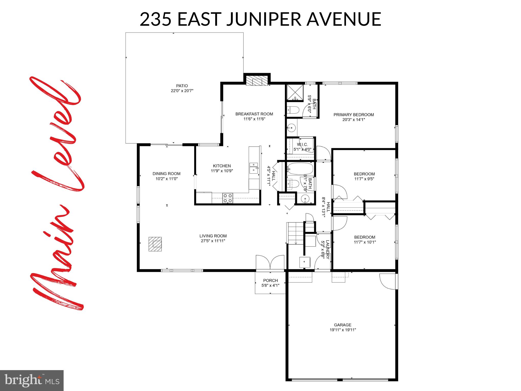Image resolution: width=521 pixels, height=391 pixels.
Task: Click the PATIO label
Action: pyautogui.click(x=182, y=86)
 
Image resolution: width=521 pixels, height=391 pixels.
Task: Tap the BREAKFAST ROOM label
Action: pyautogui.click(x=254, y=114)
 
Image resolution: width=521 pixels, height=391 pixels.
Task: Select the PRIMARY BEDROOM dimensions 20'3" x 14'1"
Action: pyautogui.click(x=354, y=119)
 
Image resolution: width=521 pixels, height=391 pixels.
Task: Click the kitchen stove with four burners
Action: pyautogui.click(x=228, y=198)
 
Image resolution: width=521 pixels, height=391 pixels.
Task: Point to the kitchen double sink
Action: pyautogui.click(x=253, y=168)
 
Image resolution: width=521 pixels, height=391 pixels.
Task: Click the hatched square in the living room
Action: pyautogui.click(x=155, y=244)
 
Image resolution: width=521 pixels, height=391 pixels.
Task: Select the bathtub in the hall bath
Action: pyautogui.click(x=300, y=169)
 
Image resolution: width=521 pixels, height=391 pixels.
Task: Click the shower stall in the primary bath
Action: pyautogui.click(x=295, y=93)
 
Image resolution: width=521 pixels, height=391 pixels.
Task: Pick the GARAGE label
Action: pyautogui.click(x=343, y=325)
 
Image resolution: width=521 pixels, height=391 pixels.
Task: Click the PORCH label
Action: pyautogui.click(x=270, y=281)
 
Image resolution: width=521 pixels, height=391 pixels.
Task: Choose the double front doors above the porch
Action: pyautogui.click(x=270, y=262)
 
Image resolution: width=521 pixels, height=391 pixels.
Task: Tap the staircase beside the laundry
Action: pyautogui.click(x=295, y=233)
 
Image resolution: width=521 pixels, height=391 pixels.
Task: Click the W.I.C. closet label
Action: pyautogui.click(x=302, y=145)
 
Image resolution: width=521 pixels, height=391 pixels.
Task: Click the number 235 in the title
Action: pyautogui.click(x=155, y=19)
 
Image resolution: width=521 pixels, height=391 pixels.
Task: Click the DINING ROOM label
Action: pyautogui.click(x=166, y=174)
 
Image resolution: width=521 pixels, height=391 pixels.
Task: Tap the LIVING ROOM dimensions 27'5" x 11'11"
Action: pyautogui.click(x=213, y=241)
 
